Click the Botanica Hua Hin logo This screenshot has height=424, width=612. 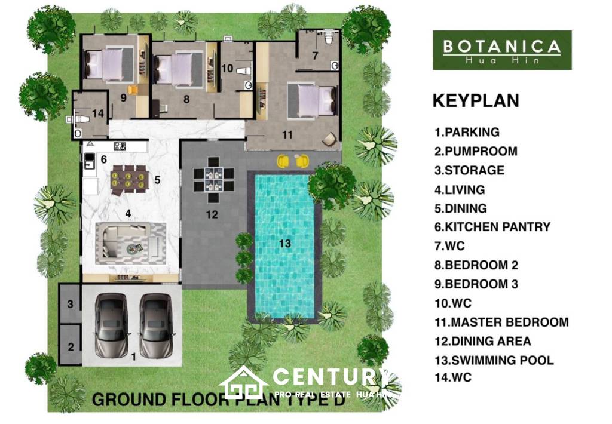point(502,50)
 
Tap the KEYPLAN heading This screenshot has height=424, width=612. point(476,101)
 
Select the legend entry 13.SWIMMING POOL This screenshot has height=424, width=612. point(495,360)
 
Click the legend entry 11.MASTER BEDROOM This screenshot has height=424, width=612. point(502,322)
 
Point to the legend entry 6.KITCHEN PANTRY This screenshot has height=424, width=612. point(493,227)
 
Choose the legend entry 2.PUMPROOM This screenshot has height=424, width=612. point(476,151)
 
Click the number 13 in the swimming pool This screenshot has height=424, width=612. point(285,243)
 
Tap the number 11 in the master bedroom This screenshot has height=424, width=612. point(287,135)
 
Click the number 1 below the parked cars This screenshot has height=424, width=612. point(133,357)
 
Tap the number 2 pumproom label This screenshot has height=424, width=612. point(71,346)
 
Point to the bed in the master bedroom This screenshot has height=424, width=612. point(311,100)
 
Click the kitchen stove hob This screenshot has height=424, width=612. point(120,145)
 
